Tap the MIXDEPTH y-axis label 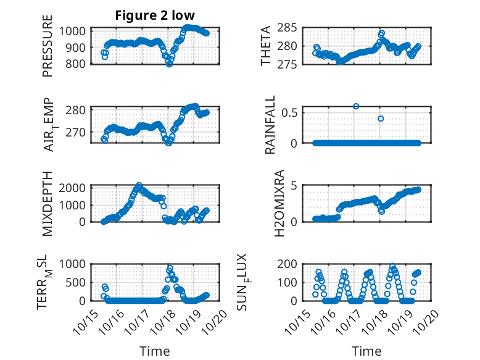pos(48,203)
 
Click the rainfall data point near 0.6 pos(356,106)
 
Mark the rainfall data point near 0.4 pos(381,119)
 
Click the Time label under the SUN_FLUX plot pos(366,351)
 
